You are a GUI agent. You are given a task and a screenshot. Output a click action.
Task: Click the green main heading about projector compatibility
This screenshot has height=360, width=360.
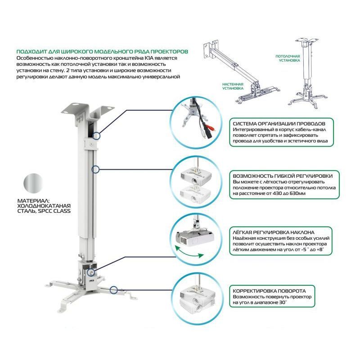tap(102, 52)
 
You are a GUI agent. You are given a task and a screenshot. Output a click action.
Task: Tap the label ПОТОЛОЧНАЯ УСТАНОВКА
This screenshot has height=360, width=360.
tap(288, 58)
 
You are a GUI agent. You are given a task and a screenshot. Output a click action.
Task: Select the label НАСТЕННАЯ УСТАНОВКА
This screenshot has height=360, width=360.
tap(233, 86)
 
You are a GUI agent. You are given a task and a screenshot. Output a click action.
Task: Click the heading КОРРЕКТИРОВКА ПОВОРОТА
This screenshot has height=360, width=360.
tap(270, 291)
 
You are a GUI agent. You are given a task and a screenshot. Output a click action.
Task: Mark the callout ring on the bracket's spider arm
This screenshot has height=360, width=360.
tap(114, 290)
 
